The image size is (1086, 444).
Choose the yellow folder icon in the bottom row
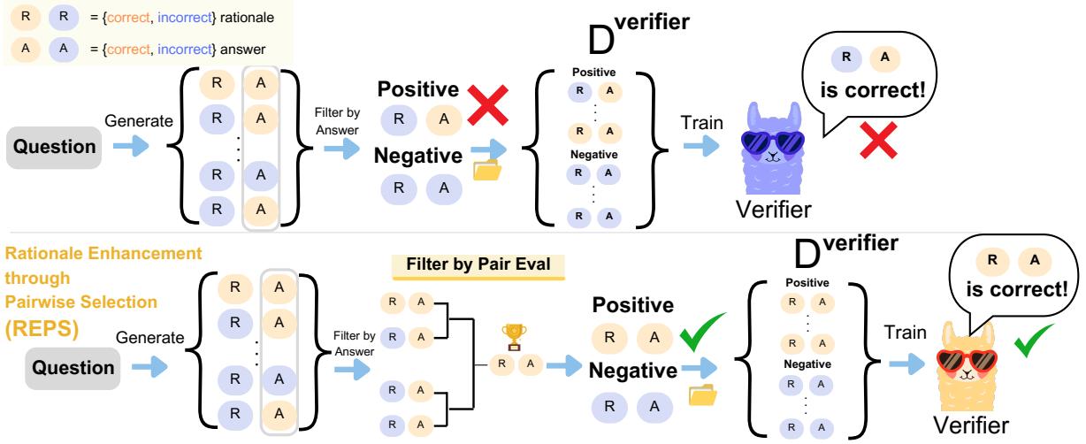coord(700,395)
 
